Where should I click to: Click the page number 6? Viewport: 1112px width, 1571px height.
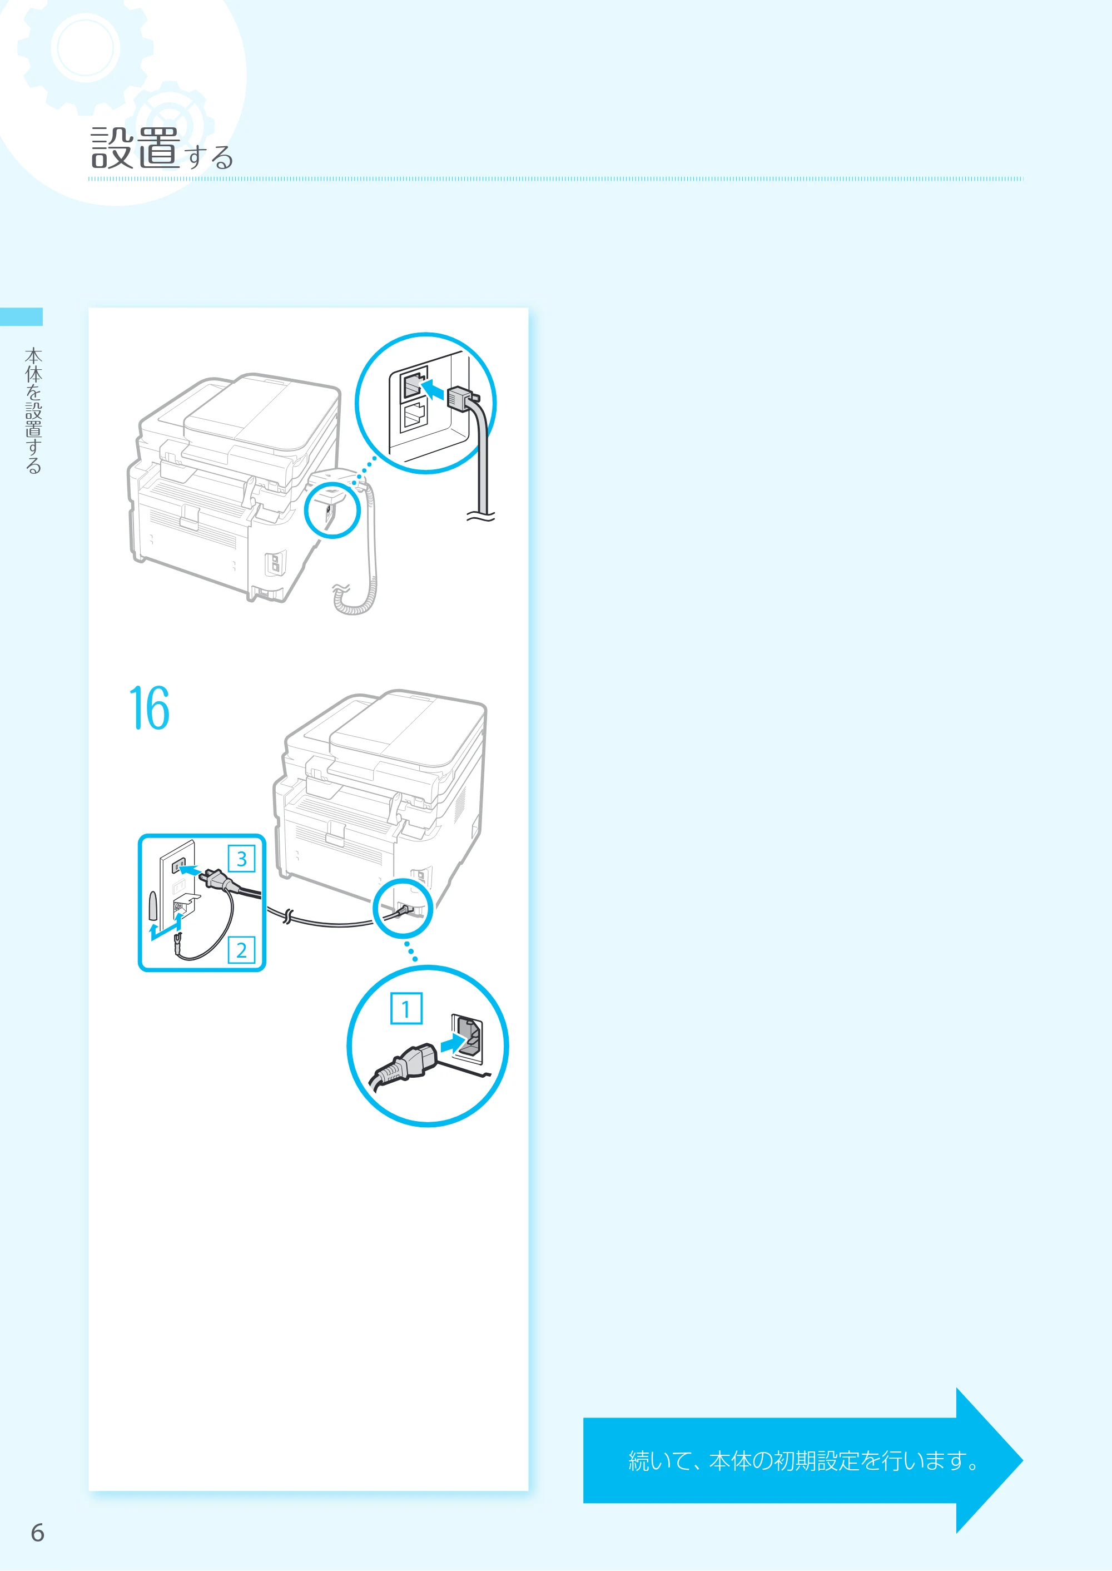click(x=38, y=1532)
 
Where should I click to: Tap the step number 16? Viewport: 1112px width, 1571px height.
click(x=149, y=708)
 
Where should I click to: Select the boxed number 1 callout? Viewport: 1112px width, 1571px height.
click(x=406, y=1008)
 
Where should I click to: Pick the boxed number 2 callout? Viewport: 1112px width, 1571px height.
click(x=241, y=950)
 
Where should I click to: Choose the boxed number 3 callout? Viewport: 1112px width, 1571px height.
click(x=241, y=858)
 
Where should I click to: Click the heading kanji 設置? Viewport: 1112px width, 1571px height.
click(x=136, y=147)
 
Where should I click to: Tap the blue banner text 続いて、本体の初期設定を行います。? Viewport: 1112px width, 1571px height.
click(x=804, y=1461)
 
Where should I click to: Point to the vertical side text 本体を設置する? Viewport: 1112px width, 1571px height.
click(x=33, y=411)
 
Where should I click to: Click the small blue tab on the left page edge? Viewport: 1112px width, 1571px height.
click(x=21, y=316)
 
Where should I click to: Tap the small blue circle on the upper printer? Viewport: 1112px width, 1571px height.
click(x=332, y=510)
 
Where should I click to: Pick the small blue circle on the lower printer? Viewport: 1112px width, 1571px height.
click(x=403, y=909)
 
